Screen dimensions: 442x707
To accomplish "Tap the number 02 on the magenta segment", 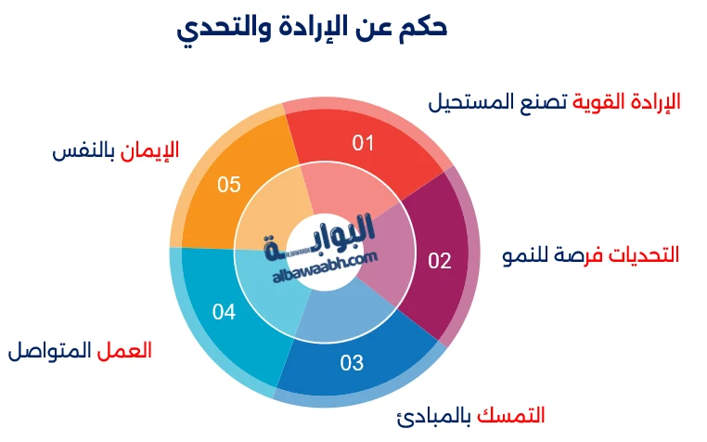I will (439, 260).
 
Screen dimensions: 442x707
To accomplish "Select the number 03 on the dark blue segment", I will (352, 362).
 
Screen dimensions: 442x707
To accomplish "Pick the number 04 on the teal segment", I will (224, 312).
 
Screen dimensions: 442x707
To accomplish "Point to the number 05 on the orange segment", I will (229, 184).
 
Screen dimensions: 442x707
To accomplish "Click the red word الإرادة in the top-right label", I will (654, 101).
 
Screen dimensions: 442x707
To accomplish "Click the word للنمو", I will (523, 255).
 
